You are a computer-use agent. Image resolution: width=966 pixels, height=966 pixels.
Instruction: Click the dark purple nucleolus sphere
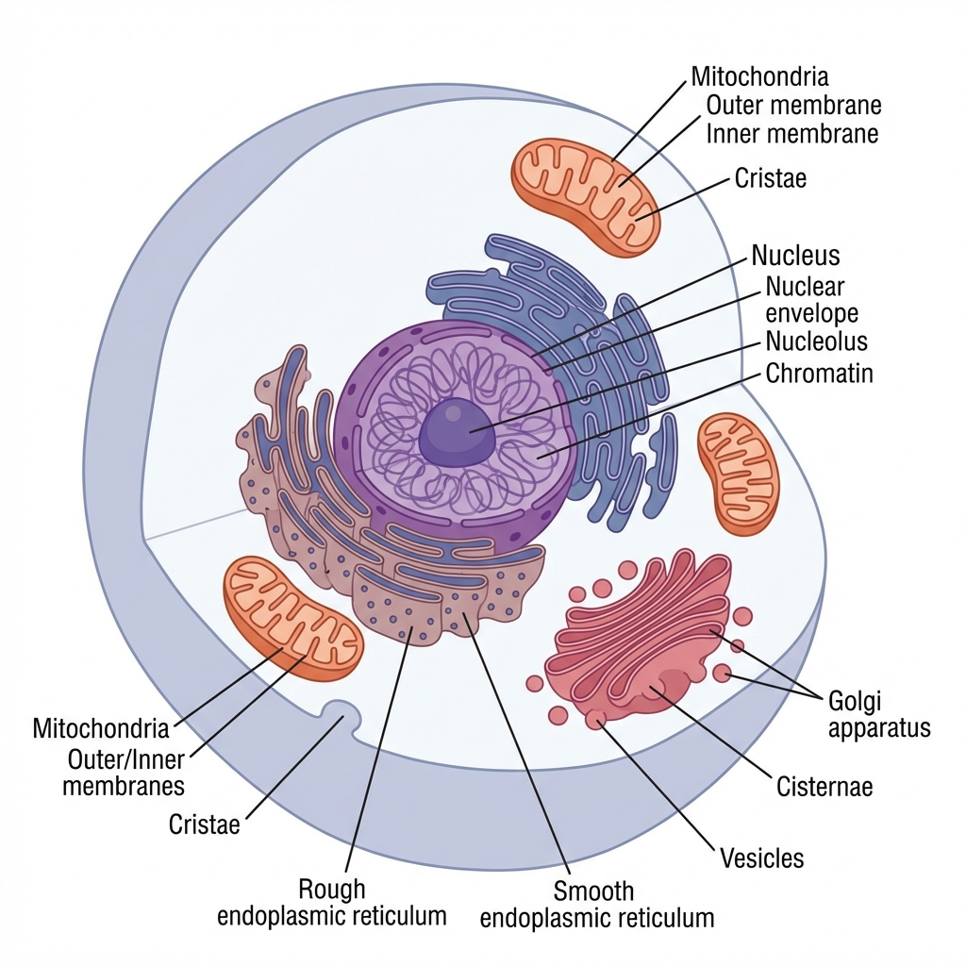[458, 432]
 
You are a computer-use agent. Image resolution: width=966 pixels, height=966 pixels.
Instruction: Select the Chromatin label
[819, 374]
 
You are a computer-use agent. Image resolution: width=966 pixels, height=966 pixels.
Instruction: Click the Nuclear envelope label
[811, 298]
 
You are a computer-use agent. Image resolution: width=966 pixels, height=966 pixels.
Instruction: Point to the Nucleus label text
[795, 255]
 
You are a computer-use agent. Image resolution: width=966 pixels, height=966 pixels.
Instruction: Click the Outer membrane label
[792, 104]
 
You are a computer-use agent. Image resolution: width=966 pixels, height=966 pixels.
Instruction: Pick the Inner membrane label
[792, 134]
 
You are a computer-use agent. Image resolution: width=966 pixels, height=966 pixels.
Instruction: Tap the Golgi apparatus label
[878, 714]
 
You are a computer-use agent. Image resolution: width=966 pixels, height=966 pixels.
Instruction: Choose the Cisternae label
[824, 786]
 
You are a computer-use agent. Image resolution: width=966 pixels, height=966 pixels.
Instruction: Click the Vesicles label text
[761, 858]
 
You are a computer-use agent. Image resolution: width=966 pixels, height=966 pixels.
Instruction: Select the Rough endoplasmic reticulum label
[331, 902]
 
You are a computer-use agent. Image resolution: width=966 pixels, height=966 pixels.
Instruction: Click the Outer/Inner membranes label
[124, 772]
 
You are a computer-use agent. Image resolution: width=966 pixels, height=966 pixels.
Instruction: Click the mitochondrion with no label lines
[739, 472]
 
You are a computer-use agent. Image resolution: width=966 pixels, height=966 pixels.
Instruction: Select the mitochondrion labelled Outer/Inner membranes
[291, 617]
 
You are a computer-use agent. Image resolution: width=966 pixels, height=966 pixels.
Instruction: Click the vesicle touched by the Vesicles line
[595, 720]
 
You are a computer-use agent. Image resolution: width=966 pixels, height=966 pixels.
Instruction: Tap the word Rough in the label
[331, 889]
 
